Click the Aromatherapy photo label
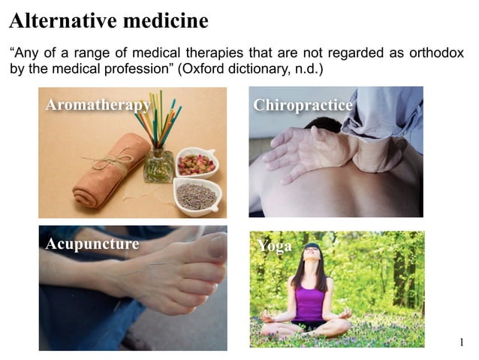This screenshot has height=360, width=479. click(98, 105)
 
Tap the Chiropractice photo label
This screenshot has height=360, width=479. click(303, 105)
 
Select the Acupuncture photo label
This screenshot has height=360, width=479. click(92, 244)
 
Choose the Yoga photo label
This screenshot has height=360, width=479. click(274, 246)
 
